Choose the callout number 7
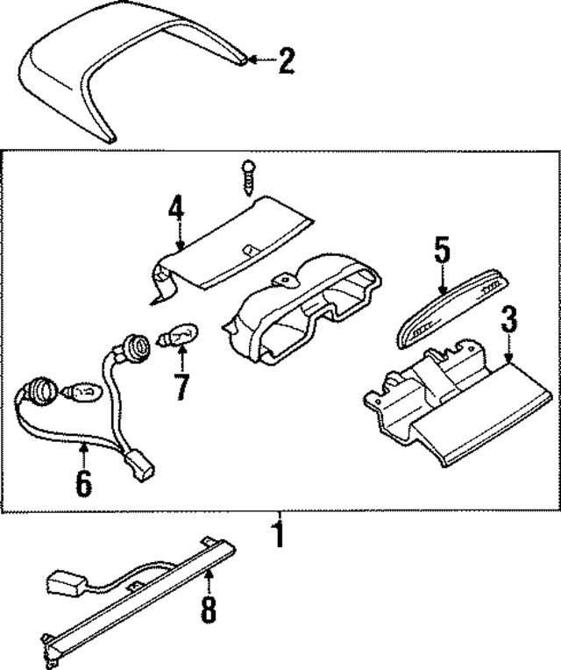(x=181, y=386)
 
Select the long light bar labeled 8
(x=140, y=605)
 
